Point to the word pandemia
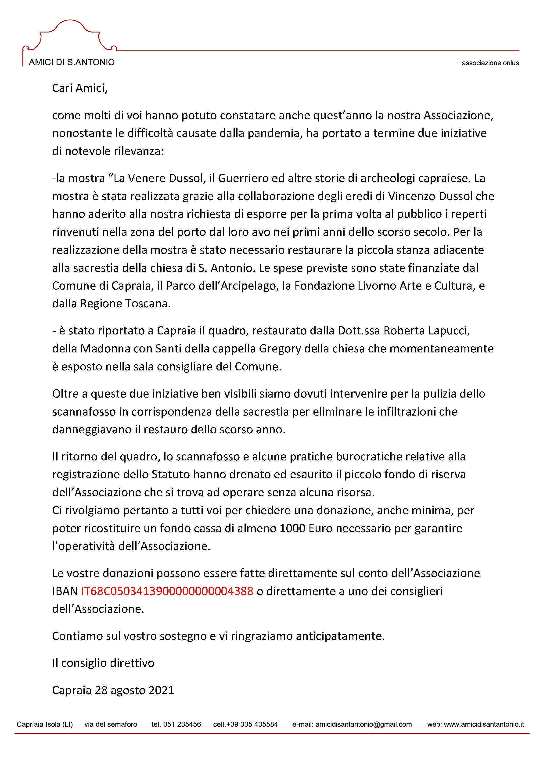(273, 133)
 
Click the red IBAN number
(167, 591)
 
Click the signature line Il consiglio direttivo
(103, 663)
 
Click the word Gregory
(280, 348)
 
